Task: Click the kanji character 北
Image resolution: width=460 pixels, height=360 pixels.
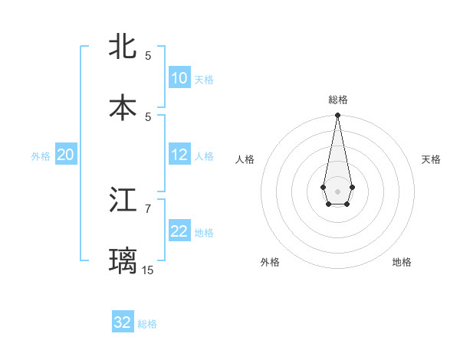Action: pyautogui.click(x=123, y=46)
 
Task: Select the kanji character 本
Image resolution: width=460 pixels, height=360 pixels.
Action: pyautogui.click(x=123, y=107)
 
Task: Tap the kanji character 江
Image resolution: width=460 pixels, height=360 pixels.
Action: pyautogui.click(x=123, y=200)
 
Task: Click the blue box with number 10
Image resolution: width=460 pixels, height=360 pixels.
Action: pyautogui.click(x=179, y=78)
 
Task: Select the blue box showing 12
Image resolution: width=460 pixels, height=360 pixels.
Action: pyautogui.click(x=179, y=155)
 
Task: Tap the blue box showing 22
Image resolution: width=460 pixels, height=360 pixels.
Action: pyautogui.click(x=179, y=232)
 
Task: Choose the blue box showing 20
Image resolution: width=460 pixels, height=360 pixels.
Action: pyautogui.click(x=65, y=155)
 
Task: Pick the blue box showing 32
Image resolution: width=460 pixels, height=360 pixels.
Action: pyautogui.click(x=123, y=322)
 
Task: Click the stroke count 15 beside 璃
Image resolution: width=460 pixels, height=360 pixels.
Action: pyautogui.click(x=148, y=270)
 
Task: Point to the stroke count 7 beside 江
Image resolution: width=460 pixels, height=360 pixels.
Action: pyautogui.click(x=148, y=208)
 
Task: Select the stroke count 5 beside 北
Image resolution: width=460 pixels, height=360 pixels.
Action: pyautogui.click(x=148, y=55)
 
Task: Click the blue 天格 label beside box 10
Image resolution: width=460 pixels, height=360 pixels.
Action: pyautogui.click(x=204, y=80)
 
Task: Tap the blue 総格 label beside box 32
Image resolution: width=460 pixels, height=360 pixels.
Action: pyautogui.click(x=147, y=324)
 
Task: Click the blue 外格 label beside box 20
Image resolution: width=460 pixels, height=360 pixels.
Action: pyautogui.click(x=41, y=156)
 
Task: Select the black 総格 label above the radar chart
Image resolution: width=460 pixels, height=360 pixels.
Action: pyautogui.click(x=337, y=100)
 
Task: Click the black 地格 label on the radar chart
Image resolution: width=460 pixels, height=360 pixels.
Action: pyautogui.click(x=402, y=262)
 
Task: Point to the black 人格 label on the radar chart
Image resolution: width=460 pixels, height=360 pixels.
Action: pyautogui.click(x=245, y=159)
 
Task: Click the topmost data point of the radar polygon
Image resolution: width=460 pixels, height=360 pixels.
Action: pyautogui.click(x=337, y=115)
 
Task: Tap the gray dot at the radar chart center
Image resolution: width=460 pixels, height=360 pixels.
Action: pyautogui.click(x=337, y=190)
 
